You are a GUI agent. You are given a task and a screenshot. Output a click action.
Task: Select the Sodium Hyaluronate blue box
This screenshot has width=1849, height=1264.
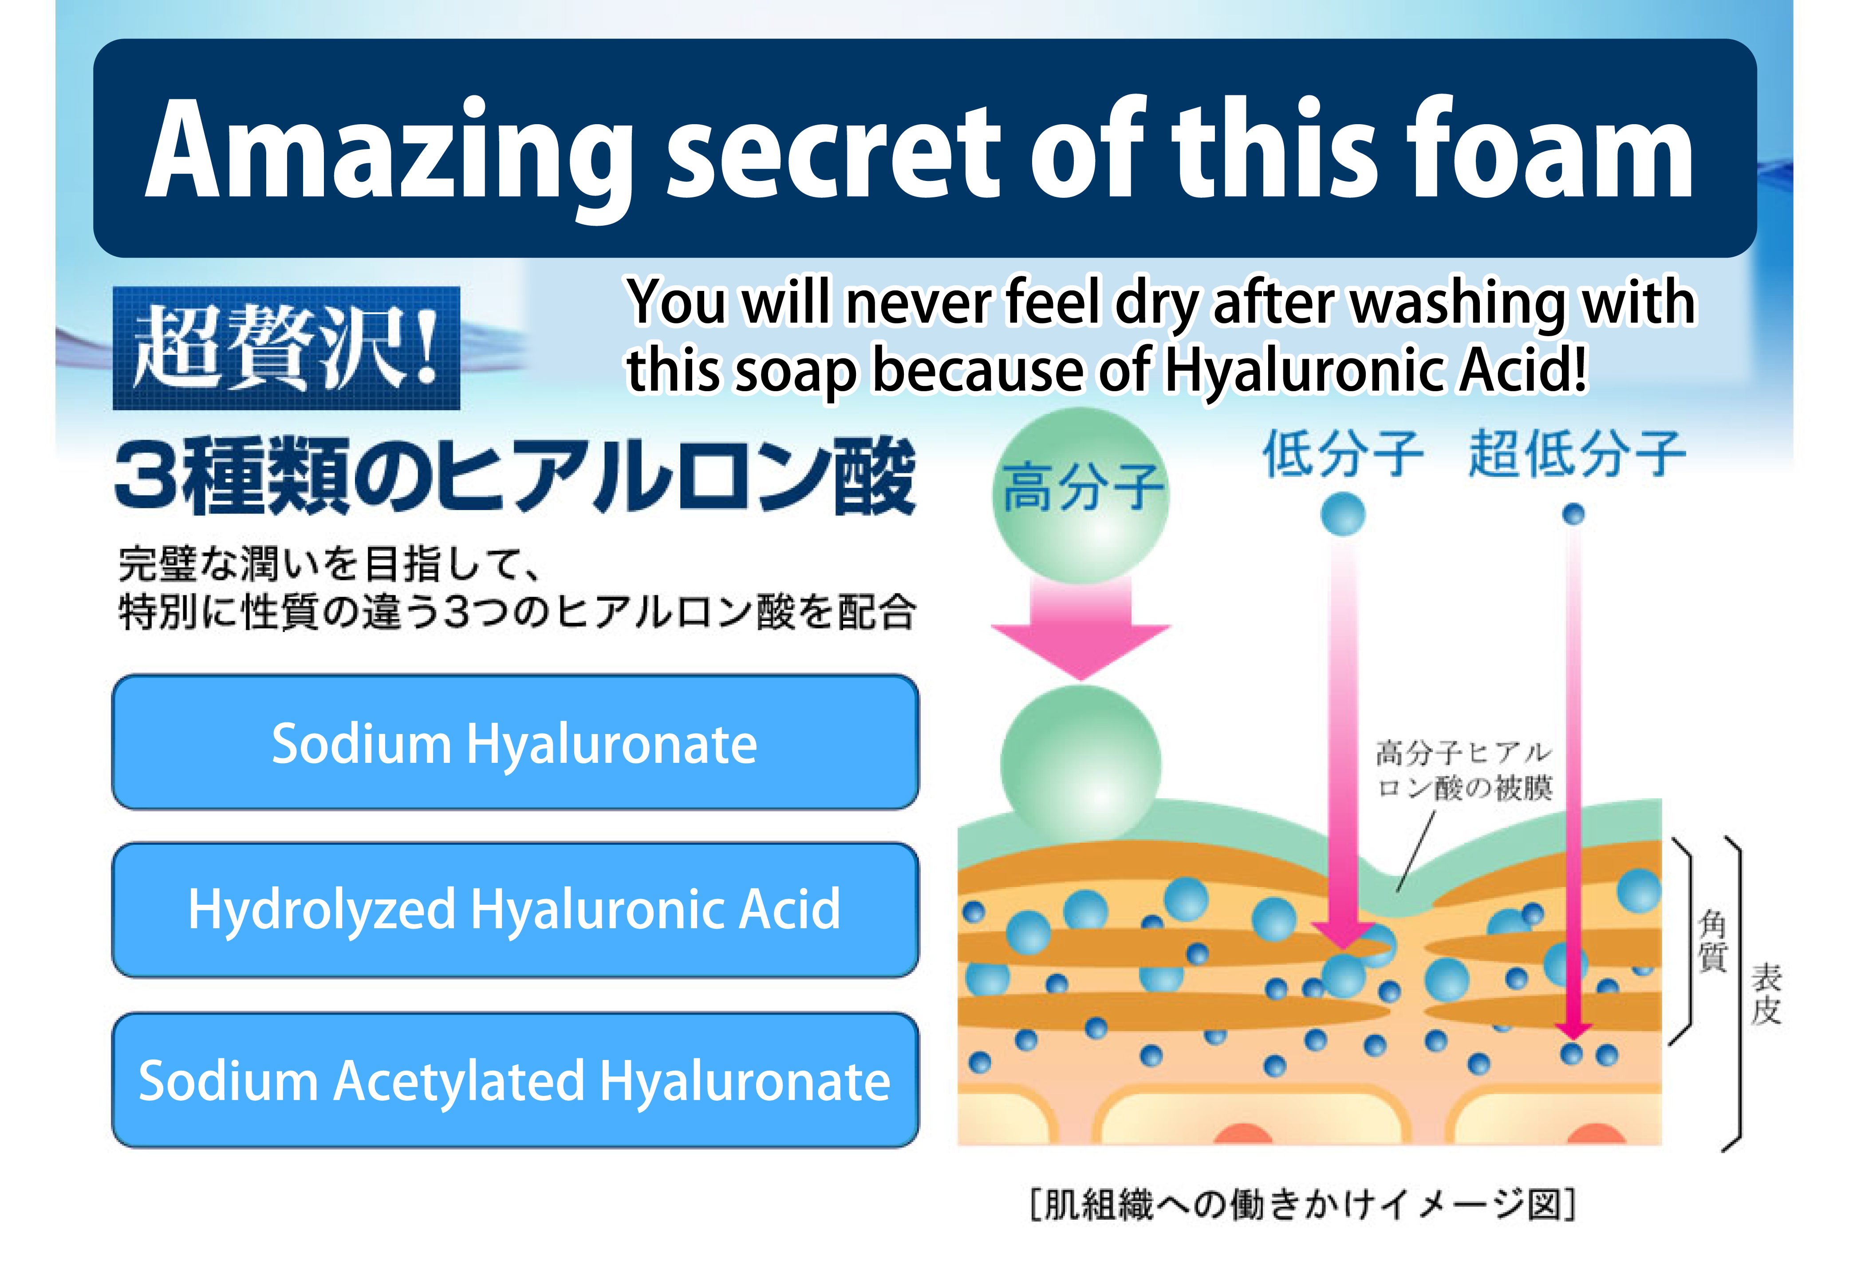pos(515,742)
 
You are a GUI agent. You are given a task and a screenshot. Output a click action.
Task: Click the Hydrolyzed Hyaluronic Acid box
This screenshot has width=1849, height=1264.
pos(515,910)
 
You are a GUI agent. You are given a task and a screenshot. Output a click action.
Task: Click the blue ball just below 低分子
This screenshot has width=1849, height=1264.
pos(1343,514)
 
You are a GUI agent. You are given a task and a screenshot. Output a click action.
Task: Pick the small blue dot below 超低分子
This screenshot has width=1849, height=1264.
pos(1574,514)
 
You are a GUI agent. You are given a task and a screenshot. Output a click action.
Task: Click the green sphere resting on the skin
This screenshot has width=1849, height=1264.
pos(1080,764)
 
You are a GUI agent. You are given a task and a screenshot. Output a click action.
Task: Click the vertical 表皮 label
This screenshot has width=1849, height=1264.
pos(1766,994)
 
